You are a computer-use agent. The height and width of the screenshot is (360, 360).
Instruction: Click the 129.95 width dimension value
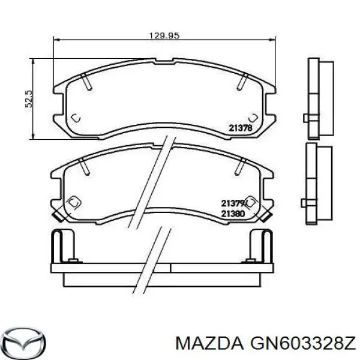[x=164, y=35]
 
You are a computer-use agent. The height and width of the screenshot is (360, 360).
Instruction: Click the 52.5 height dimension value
[x=28, y=98]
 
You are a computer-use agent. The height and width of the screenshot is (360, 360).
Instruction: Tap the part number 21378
[x=239, y=127]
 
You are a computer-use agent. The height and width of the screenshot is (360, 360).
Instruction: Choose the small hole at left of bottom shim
[x=73, y=260]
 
